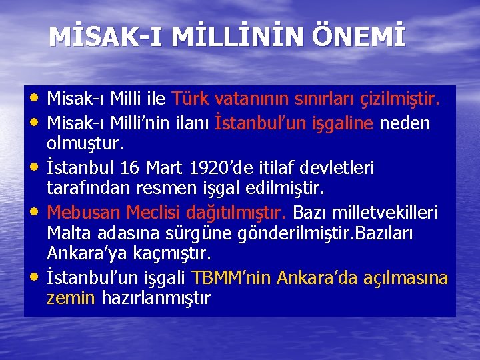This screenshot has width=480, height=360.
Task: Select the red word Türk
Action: (191, 100)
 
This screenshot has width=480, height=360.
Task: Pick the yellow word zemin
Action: (71, 298)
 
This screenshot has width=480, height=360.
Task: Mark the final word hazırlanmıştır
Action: (156, 299)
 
